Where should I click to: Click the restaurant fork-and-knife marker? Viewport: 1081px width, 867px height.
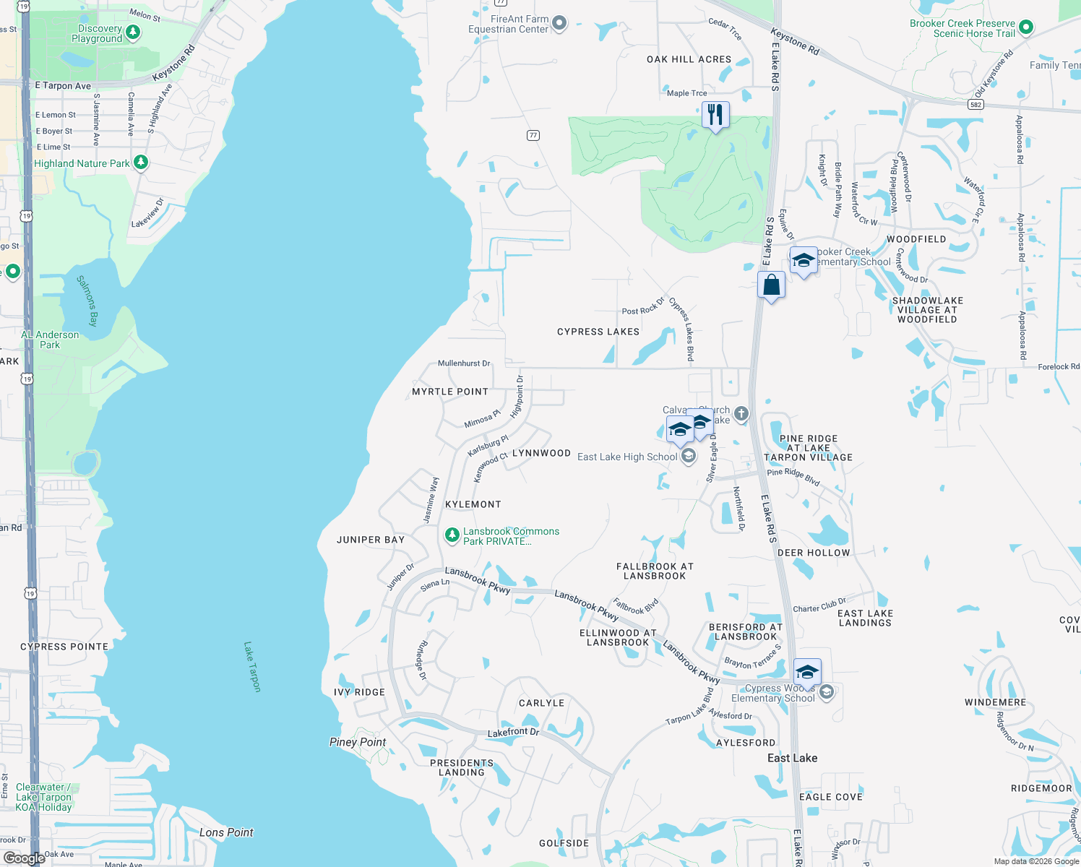coord(715,115)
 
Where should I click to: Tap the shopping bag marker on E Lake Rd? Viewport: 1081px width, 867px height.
coord(771,285)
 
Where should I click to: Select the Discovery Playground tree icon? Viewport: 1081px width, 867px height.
coord(132,32)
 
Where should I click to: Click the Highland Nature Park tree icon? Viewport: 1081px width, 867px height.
coord(141,163)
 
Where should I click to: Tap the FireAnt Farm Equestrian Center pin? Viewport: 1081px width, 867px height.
coord(559,24)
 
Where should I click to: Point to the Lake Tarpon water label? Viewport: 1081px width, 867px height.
coord(252,667)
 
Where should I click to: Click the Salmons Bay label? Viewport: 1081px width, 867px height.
coord(87,301)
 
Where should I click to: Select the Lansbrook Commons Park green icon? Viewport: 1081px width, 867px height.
coord(452,535)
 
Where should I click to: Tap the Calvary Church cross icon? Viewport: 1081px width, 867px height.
coord(741,414)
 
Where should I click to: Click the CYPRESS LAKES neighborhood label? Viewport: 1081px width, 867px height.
coord(598,332)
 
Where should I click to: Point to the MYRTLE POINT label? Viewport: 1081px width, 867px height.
coord(450,392)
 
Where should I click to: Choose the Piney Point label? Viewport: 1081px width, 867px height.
coord(358,742)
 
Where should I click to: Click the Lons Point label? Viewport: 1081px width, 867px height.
coord(226,832)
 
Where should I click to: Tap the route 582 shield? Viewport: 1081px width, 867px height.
coord(976,105)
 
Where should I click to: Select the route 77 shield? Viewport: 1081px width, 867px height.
coord(533,135)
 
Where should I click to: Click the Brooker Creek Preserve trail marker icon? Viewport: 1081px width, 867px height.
coord(1025,28)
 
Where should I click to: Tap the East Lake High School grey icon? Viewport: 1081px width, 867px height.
coord(689,456)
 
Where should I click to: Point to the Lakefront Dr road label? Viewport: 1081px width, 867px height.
coord(513,733)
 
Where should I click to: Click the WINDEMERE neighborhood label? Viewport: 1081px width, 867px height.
coord(995,702)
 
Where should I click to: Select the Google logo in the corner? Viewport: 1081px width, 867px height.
coord(25,858)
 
